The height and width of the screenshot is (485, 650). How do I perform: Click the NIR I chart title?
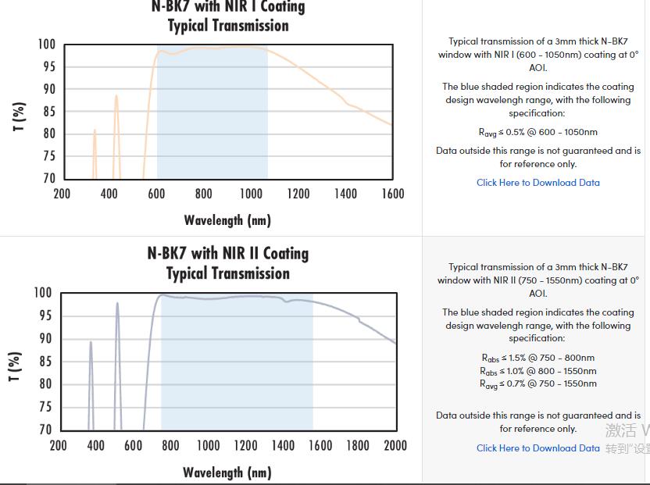click(228, 16)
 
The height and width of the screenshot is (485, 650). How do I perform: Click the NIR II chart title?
click(228, 263)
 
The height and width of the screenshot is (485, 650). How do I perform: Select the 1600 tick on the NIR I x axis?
click(393, 194)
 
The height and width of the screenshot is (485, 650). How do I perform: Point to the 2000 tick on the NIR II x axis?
click(395, 445)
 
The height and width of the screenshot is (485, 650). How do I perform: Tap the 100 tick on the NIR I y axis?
click(47, 45)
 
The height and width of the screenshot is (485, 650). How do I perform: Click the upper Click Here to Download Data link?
click(538, 183)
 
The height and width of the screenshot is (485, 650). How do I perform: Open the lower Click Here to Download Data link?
click(538, 448)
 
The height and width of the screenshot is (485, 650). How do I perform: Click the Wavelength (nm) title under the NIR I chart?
click(227, 220)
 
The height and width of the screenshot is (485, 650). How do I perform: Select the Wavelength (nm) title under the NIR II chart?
click(227, 473)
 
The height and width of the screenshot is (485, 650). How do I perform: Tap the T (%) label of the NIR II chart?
click(15, 367)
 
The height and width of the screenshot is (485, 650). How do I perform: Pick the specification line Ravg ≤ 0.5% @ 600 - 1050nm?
click(538, 133)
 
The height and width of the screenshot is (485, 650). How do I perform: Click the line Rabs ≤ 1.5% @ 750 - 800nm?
click(538, 358)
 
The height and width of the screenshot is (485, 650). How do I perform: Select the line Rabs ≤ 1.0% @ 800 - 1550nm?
click(538, 371)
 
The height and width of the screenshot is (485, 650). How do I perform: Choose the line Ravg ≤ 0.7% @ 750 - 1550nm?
click(538, 383)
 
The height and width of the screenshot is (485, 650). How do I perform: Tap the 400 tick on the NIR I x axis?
click(109, 194)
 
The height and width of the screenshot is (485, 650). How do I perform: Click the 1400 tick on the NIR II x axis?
click(283, 445)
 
